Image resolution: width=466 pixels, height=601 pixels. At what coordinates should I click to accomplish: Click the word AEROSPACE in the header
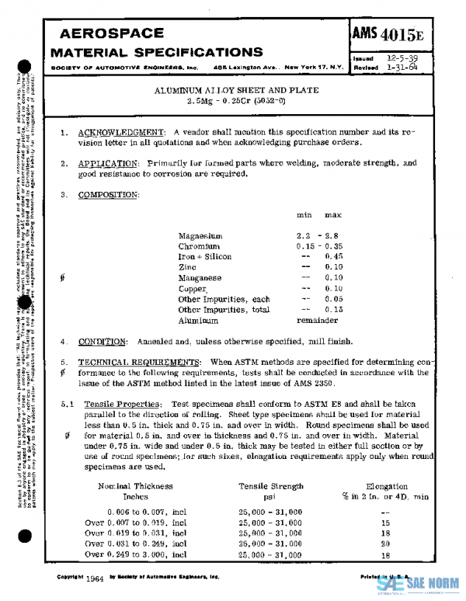(x=111, y=34)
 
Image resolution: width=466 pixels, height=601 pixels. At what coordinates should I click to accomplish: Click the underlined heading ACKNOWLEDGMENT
(x=122, y=132)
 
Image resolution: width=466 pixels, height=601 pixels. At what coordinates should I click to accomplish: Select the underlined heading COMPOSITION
(x=109, y=194)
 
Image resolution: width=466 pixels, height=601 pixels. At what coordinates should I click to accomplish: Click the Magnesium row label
(x=200, y=235)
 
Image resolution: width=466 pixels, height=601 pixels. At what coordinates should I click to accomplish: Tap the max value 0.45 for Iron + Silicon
(x=335, y=256)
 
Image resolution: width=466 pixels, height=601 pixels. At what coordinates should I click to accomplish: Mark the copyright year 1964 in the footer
(x=96, y=578)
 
